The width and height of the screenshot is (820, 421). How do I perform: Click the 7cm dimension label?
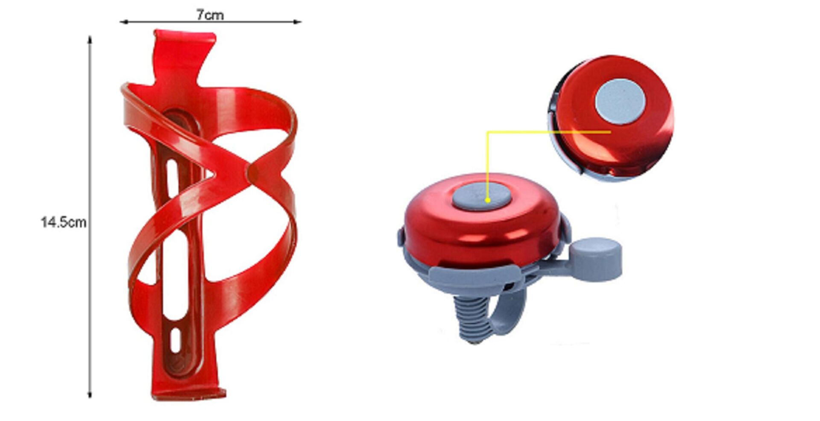210,15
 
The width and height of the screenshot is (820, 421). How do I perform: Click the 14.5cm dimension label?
63,222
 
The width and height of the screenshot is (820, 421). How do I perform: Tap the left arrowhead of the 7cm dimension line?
123,22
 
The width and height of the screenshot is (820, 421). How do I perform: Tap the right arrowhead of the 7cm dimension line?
297,22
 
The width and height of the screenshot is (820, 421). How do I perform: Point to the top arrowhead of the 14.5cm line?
90,40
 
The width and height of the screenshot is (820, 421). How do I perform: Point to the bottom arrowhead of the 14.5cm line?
90,394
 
